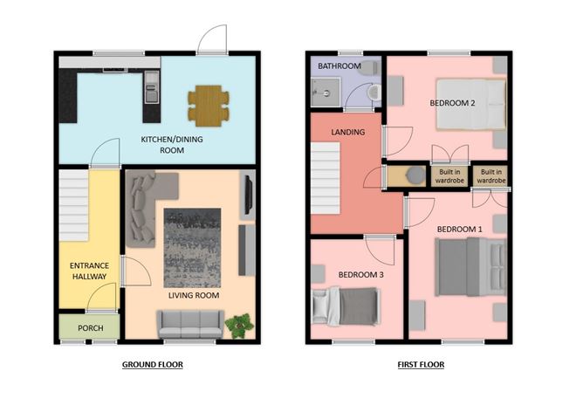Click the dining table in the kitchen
209,106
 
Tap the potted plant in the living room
239,326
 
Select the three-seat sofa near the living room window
190,324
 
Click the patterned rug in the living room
192,248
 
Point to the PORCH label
91,328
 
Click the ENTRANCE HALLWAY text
89,271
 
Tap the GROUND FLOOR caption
153,364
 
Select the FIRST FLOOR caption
421,364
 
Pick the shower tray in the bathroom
326,93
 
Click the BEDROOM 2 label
452,103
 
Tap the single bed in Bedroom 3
346,306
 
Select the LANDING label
348,132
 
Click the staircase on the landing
326,178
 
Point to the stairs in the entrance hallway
73,206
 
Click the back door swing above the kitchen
212,39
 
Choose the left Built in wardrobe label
449,176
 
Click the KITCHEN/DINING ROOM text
172,145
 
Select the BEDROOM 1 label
460,230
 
